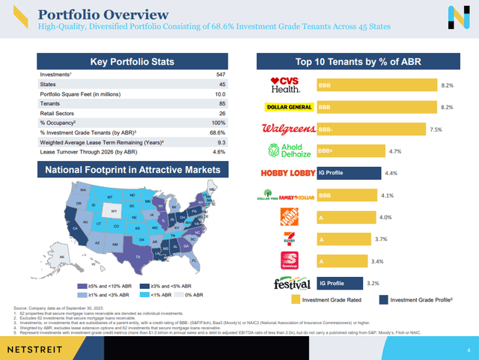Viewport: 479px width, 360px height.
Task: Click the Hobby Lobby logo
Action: [x=286, y=174]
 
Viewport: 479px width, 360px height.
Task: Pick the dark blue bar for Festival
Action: [x=339, y=284]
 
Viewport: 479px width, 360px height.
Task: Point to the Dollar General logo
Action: [x=287, y=107]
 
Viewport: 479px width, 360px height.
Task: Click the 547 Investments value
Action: [x=219, y=75]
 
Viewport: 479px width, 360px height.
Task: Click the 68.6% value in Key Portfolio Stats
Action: [x=218, y=131]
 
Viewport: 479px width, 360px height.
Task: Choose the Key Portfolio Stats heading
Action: [x=132, y=61]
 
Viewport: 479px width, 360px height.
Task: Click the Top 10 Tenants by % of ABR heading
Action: [x=356, y=61]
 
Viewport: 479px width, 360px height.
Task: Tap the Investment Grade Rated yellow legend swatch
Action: [x=296, y=299]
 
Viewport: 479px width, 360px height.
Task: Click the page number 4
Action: [x=467, y=349]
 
